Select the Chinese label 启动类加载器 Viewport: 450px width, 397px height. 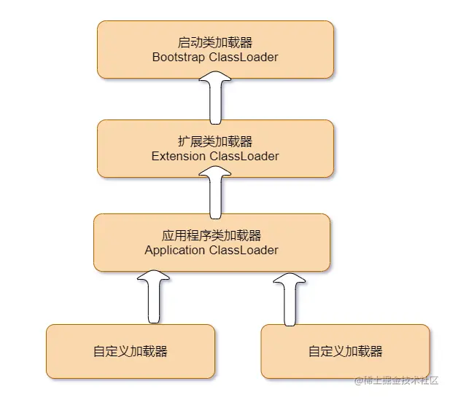(215, 42)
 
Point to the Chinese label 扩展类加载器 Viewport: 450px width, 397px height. (215, 141)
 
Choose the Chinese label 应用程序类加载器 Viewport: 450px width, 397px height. (212, 235)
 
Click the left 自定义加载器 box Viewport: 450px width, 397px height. (131, 351)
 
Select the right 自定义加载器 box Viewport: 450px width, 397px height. (346, 351)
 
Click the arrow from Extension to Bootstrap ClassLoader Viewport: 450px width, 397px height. (215, 99)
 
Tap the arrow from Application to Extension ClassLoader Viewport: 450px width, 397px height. (215, 193)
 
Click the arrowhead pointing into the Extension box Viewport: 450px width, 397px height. (215, 174)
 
